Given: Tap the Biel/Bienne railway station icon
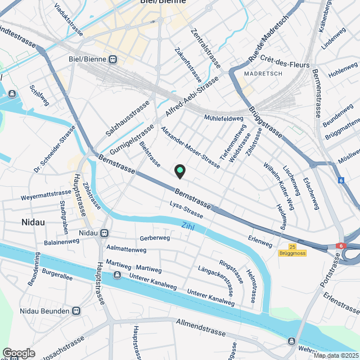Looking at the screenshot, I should pyautogui.click(x=113, y=59).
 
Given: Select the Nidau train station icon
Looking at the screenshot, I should pyautogui.click(x=105, y=233).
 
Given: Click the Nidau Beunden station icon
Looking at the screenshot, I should pyautogui.click(x=77, y=310).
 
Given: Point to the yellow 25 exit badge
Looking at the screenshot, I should pyautogui.click(x=291, y=246).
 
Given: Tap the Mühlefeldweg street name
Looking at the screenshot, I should pyautogui.click(x=224, y=118).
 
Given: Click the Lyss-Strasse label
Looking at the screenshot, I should pyautogui.click(x=186, y=209).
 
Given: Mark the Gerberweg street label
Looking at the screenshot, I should pyautogui.click(x=155, y=238).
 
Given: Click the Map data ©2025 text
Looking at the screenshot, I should pyautogui.click(x=336, y=355).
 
